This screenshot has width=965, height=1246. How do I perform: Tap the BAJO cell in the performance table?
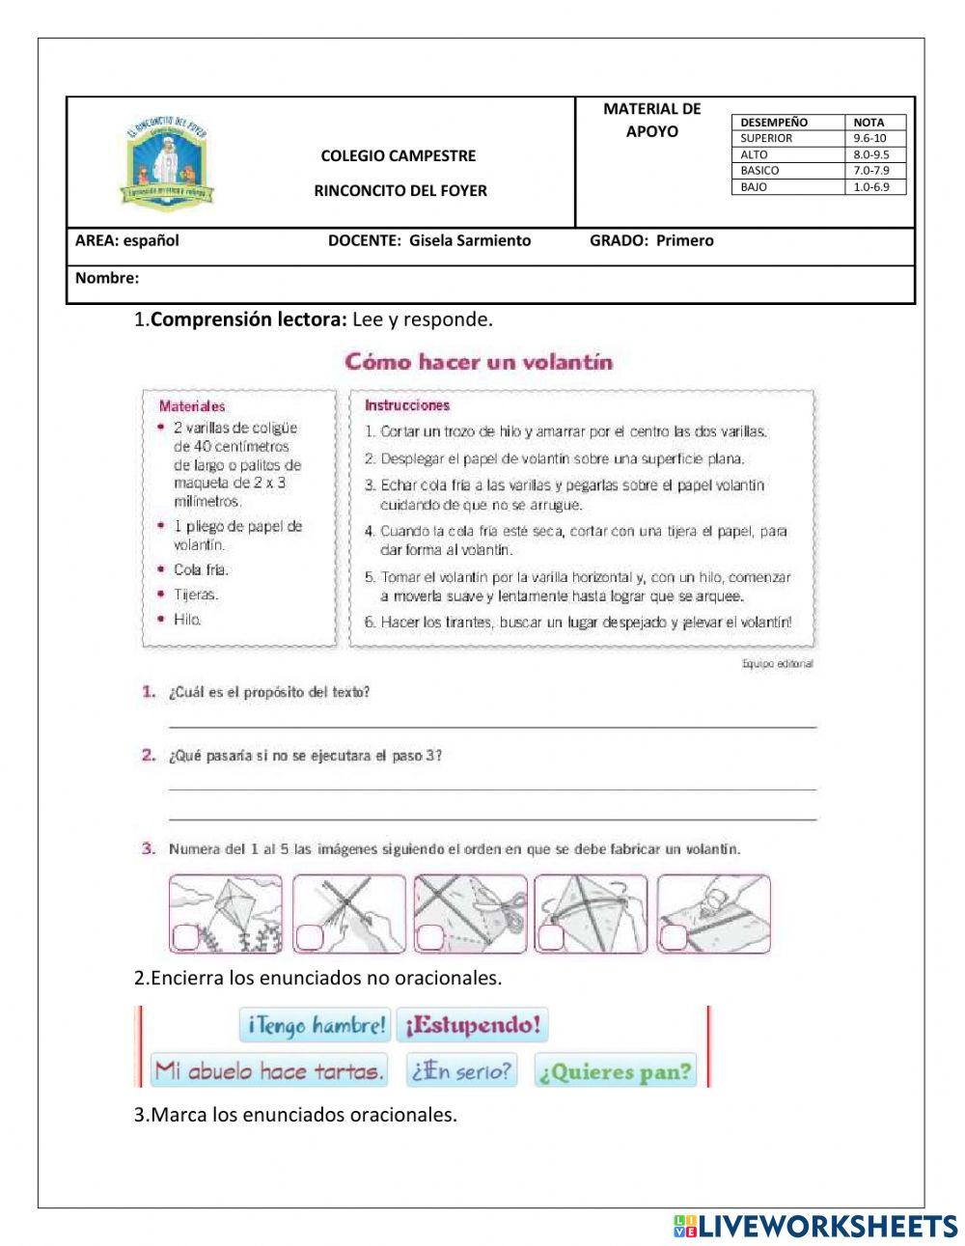789,187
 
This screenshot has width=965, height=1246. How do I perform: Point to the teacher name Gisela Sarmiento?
469,241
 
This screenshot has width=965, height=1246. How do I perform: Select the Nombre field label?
107,279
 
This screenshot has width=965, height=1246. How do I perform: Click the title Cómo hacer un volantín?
479,363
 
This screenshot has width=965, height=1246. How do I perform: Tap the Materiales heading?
192,406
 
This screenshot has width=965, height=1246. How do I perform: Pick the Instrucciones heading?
406,405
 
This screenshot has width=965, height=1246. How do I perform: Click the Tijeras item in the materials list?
196,595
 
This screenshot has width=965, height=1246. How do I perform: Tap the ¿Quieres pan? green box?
616,1071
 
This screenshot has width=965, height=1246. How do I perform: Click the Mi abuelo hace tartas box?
268,1070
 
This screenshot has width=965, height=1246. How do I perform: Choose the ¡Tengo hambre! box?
316,1025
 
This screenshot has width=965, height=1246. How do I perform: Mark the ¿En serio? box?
461,1070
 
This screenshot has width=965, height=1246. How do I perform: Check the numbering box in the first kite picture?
182,937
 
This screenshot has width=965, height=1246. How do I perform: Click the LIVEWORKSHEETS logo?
814,1226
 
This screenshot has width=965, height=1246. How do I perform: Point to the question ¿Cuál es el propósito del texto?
269,692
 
